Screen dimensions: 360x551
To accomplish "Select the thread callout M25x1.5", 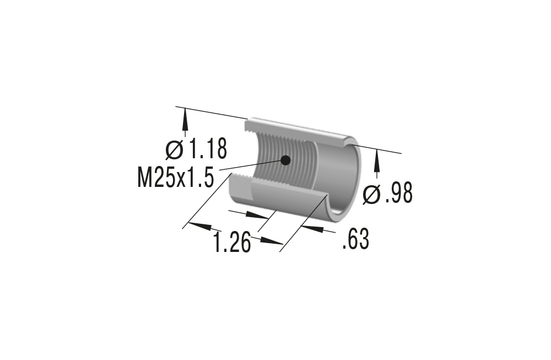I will click(x=175, y=178).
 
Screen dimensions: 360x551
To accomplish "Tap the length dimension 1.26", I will click(x=231, y=242).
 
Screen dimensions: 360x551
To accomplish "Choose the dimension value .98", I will click(x=398, y=194).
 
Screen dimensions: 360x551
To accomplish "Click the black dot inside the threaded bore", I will click(x=285, y=160).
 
